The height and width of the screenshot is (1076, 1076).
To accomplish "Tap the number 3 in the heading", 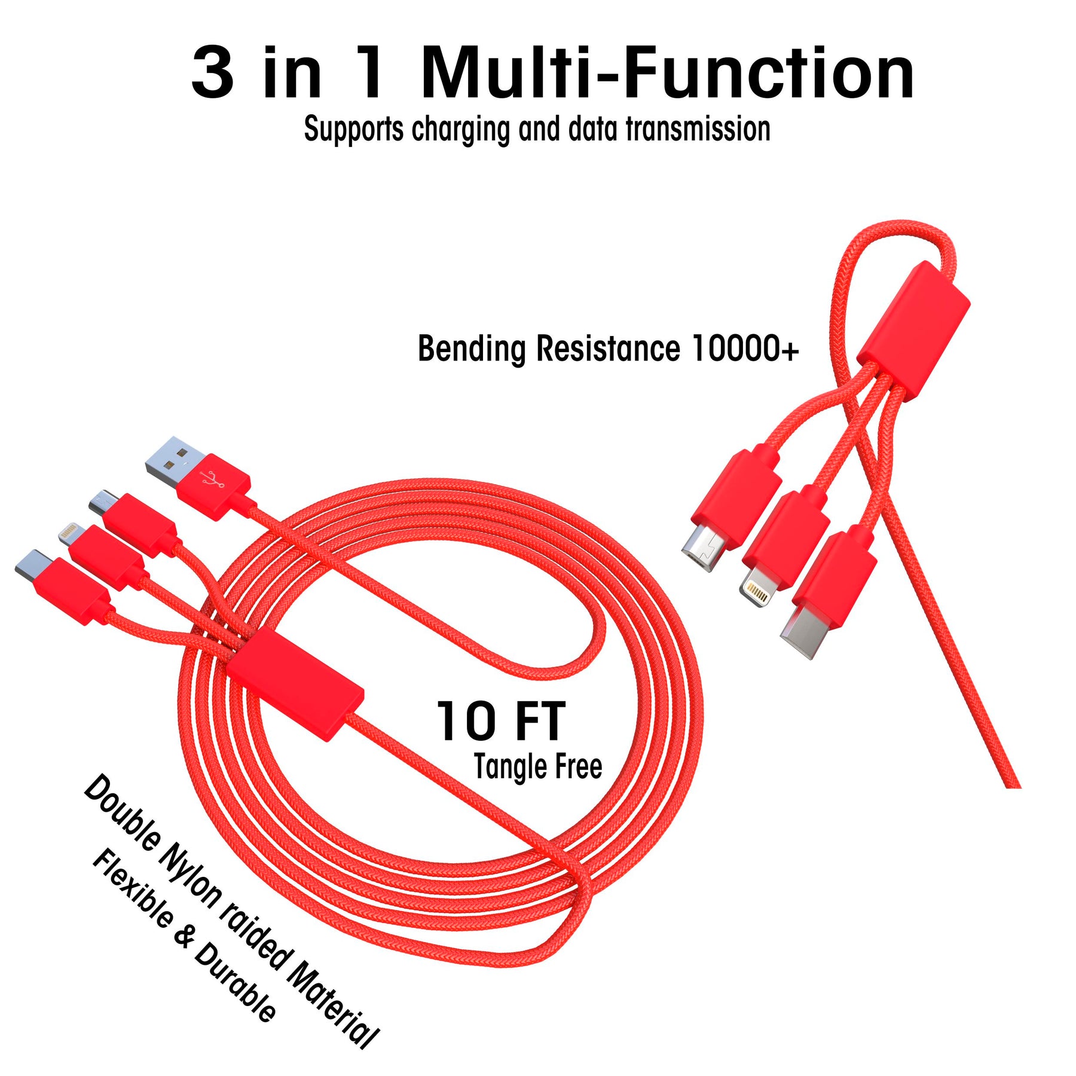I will pos(212,75).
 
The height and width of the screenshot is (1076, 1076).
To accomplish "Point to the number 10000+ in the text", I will pos(744,349).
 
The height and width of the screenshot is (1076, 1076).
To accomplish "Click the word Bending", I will pos(472,350).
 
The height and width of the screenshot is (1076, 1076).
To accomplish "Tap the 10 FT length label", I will pos(501,722).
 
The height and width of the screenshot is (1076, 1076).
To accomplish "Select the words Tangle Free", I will pos(537,767).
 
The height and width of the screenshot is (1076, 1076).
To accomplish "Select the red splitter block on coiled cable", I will pos(295,687).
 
